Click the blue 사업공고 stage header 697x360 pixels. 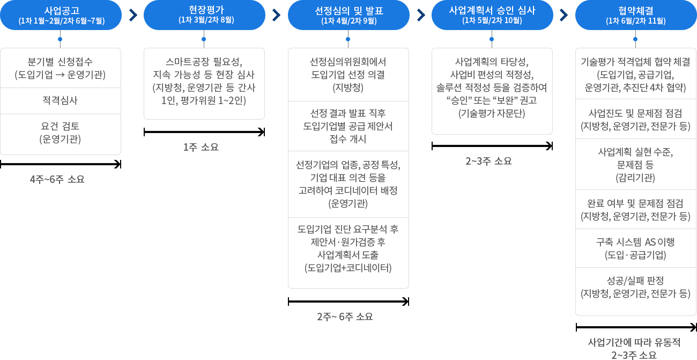click(61, 15)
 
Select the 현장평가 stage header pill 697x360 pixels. click(204, 15)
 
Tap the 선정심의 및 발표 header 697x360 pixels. click(349, 15)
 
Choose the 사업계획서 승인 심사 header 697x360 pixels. click(492, 15)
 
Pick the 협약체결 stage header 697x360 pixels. click(636, 15)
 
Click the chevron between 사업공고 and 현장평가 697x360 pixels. click(133, 15)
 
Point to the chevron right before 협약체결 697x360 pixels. click(564, 15)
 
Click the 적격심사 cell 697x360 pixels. click(61, 100)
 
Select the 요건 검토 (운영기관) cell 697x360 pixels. click(61, 134)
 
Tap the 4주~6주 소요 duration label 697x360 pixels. click(57, 179)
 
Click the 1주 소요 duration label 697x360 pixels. click(201, 147)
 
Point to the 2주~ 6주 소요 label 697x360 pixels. click(345, 317)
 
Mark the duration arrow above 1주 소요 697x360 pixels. click(204, 132)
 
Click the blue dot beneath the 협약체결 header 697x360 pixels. click(635, 39)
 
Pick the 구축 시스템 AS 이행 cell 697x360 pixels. click(636, 248)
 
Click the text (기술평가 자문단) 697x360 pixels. click(492, 113)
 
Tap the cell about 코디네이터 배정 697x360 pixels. click(348, 184)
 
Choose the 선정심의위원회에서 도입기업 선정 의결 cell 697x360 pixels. click(348, 75)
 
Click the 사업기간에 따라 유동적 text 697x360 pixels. click(634, 342)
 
